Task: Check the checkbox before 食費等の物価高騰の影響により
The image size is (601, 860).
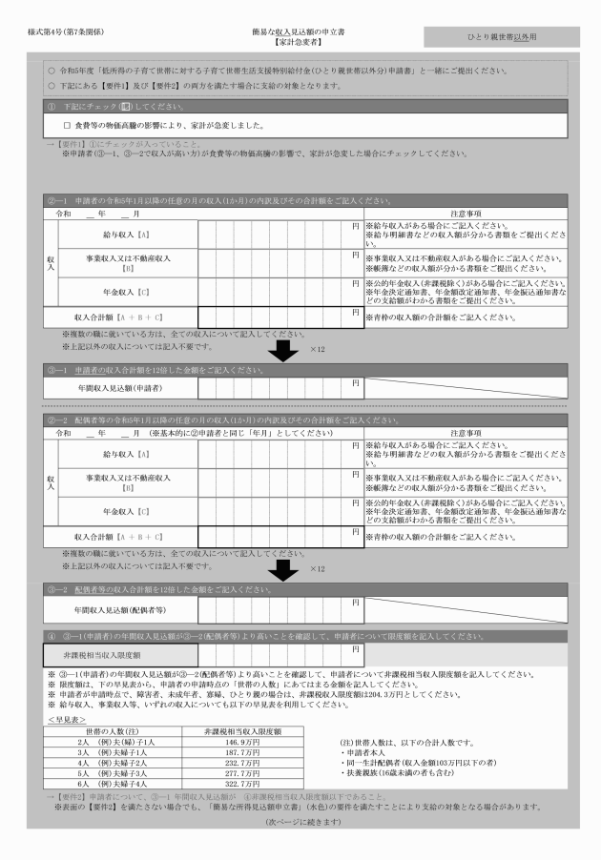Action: [67, 125]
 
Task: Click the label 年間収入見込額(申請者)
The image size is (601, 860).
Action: [119, 388]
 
